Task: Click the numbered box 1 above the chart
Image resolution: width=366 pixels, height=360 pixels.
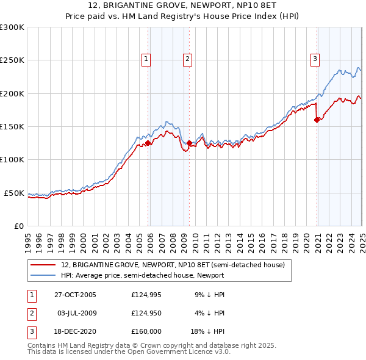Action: [147, 59]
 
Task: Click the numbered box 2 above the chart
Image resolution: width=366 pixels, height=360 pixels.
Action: [187, 59]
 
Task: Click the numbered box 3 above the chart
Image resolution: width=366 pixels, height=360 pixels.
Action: [315, 59]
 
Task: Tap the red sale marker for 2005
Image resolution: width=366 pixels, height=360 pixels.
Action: [148, 143]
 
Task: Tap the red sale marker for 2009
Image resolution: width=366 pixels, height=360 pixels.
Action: [189, 143]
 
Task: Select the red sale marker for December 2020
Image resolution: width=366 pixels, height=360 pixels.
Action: [317, 120]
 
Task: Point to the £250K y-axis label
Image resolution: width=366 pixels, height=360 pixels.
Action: [12, 60]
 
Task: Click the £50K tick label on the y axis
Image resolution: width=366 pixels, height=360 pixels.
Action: [15, 193]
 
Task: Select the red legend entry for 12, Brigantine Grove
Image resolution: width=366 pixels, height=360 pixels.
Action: [173, 265]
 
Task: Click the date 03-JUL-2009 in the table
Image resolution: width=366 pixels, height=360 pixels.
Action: [76, 314]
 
